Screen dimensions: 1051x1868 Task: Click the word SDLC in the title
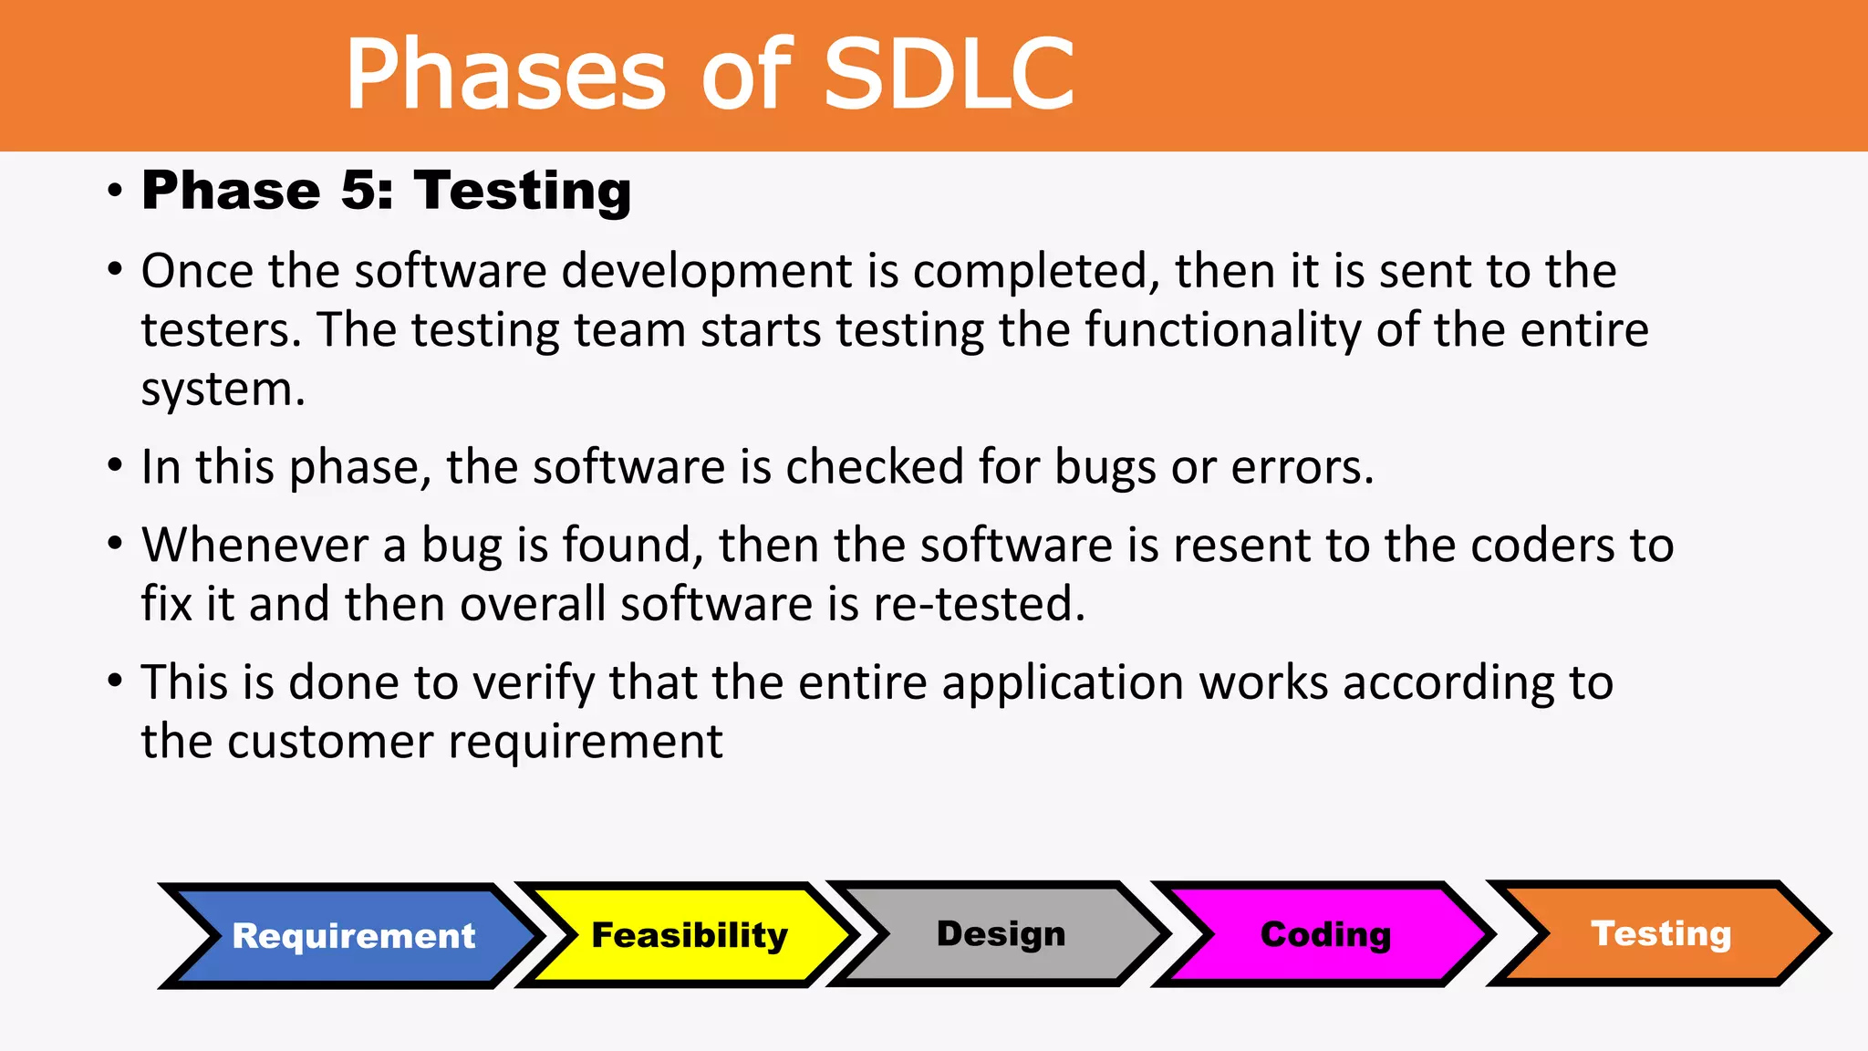point(949,75)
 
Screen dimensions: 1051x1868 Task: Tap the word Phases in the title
point(506,75)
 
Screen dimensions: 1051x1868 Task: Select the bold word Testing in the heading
point(523,193)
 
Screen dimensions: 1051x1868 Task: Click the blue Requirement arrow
point(354,936)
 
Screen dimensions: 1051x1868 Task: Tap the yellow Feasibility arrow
point(690,935)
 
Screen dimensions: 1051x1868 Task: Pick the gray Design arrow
point(1001,933)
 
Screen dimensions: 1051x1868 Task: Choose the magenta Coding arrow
point(1325,934)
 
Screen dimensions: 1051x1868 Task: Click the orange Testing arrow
point(1661,933)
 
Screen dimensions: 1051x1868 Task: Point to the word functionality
point(1223,329)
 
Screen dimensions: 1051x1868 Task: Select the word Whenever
point(254,545)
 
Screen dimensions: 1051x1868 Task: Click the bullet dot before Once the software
point(114,270)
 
